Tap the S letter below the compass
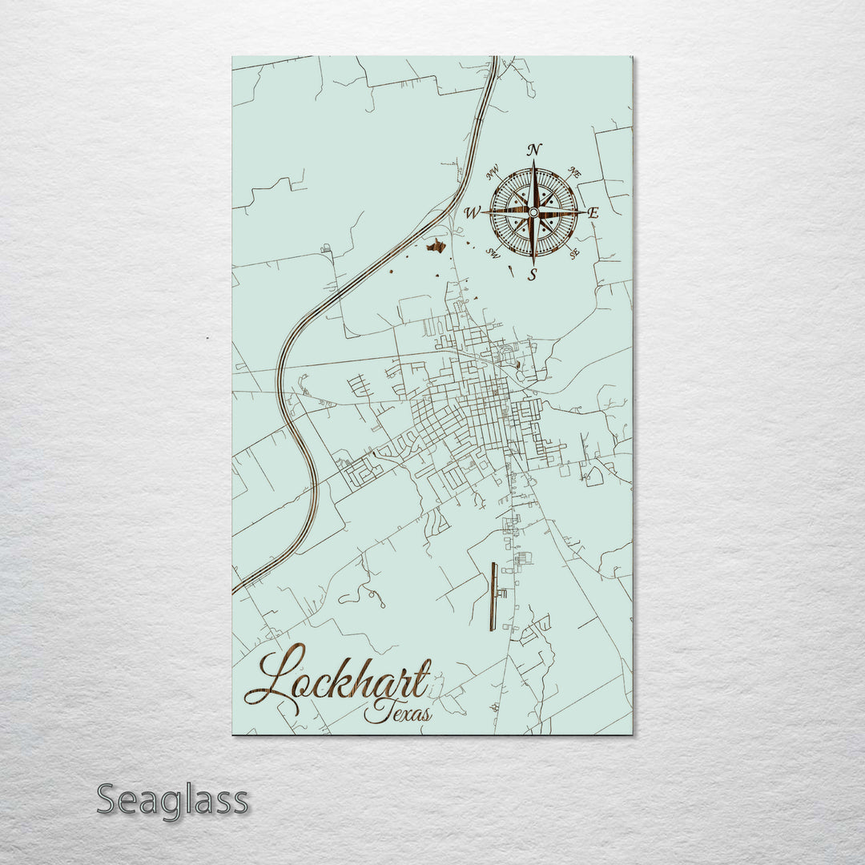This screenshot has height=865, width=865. (x=531, y=275)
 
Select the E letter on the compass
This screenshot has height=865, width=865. (x=593, y=213)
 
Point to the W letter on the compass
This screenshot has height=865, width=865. (x=472, y=213)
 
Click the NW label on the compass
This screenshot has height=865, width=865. (x=493, y=170)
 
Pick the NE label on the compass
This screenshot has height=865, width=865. (x=573, y=171)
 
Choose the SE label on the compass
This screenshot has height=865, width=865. (x=573, y=253)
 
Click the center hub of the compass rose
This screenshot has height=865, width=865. (x=533, y=211)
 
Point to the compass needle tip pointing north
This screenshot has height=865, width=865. (x=533, y=162)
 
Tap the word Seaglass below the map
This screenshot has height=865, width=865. (x=172, y=800)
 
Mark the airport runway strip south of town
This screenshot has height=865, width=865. (x=493, y=596)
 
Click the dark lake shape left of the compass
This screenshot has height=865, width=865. (x=436, y=246)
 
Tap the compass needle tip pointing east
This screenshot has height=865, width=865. (x=584, y=211)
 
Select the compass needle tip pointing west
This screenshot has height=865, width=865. (x=483, y=211)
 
